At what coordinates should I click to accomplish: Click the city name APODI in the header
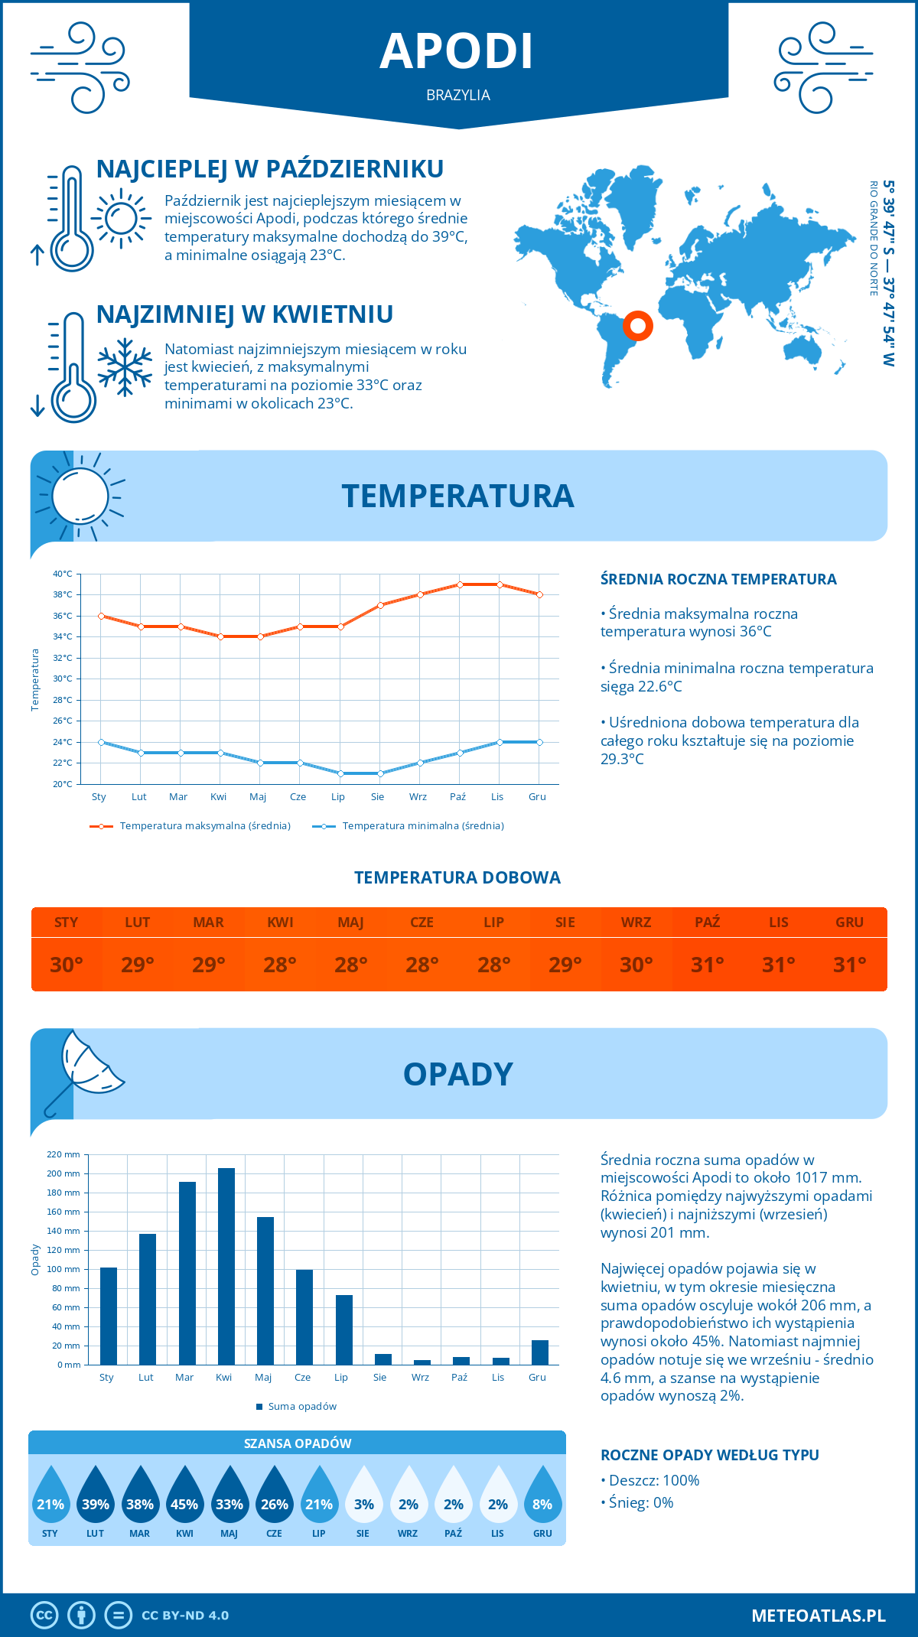click(457, 52)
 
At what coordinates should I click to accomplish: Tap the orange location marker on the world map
click(637, 326)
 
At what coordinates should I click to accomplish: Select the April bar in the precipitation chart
click(226, 1266)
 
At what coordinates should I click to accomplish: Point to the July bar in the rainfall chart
click(344, 1329)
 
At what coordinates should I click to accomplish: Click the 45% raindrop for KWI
click(184, 1504)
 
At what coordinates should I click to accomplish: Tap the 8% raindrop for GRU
click(542, 1504)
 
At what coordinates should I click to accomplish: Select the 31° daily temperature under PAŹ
click(707, 965)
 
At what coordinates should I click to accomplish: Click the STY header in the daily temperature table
click(67, 923)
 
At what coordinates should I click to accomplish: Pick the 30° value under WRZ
click(636, 965)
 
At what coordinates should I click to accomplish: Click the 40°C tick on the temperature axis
click(63, 574)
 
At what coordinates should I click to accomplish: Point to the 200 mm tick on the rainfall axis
click(63, 1173)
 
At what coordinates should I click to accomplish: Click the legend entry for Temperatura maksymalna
click(204, 826)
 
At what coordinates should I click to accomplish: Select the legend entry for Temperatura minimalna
click(422, 826)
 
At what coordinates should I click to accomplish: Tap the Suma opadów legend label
click(301, 1407)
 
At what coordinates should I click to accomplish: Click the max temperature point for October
click(460, 584)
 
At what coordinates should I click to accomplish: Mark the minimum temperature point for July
click(340, 773)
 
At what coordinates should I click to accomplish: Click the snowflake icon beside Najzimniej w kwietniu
click(125, 367)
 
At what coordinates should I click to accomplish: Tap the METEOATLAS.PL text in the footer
click(818, 1616)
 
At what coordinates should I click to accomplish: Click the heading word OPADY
click(457, 1075)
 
